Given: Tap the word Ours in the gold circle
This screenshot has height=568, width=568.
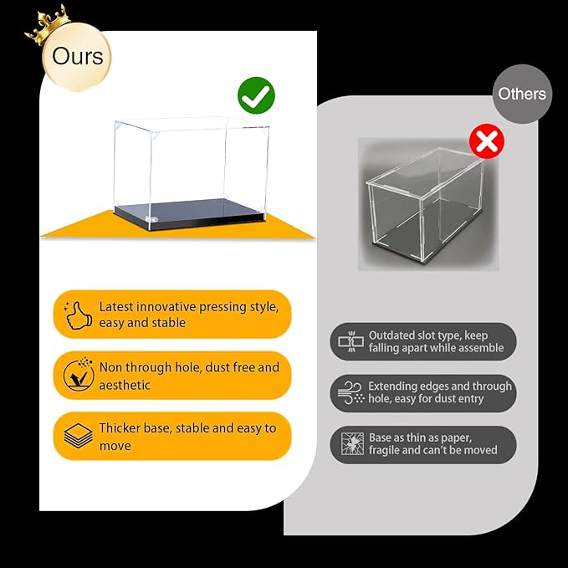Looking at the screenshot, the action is [78, 57].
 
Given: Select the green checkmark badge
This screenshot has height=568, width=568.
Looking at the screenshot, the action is [256, 95].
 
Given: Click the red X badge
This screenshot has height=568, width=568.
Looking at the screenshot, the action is [487, 141].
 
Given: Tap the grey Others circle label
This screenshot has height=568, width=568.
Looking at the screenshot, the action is [522, 94].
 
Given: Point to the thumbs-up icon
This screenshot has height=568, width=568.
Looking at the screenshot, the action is [77, 315].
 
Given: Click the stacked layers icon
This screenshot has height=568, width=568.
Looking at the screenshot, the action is [79, 436].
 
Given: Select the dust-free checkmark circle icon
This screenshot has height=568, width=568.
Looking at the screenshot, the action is [79, 375].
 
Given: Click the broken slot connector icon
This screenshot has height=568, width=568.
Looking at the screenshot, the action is [351, 341].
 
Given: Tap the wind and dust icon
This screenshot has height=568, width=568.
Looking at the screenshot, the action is [351, 392].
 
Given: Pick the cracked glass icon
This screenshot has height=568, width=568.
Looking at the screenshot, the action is [352, 443].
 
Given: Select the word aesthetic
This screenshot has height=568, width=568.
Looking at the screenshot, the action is [125, 385].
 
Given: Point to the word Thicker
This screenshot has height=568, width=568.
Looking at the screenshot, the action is [119, 427].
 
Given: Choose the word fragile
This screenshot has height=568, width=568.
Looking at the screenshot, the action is [384, 450].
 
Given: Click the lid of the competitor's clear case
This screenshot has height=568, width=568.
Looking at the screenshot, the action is [425, 171].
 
